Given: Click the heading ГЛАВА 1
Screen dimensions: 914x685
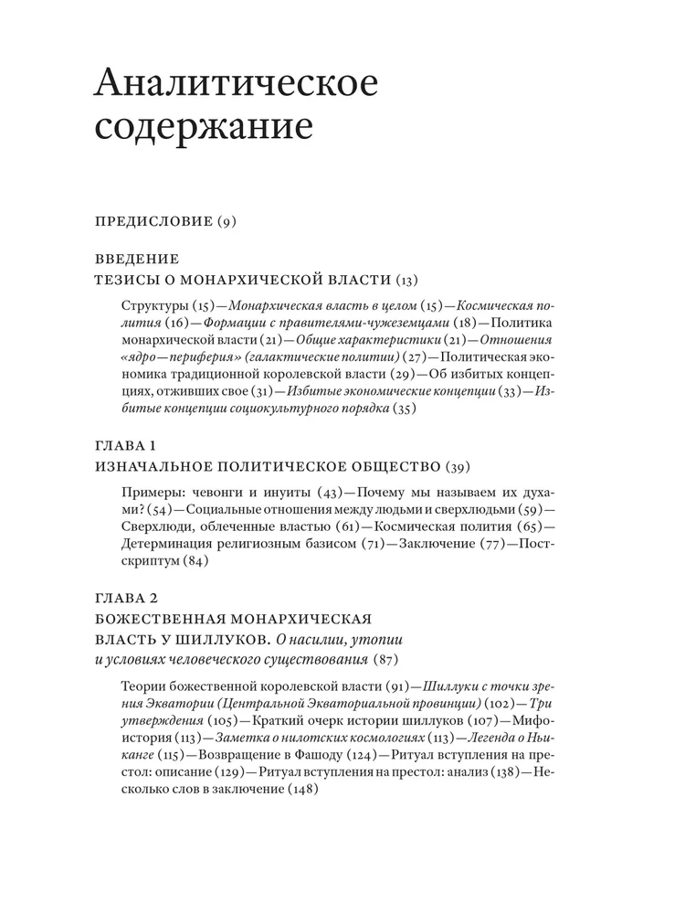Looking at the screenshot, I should [126, 446].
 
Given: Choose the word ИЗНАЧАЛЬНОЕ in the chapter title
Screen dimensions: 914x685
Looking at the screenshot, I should [157, 467].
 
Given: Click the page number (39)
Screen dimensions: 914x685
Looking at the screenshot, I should [454, 467].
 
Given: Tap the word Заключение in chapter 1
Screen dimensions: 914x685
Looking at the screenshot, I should [413, 544].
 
